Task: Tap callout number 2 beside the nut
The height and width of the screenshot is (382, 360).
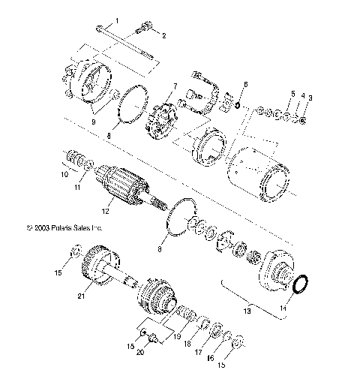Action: (164, 35)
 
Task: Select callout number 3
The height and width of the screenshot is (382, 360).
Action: (311, 98)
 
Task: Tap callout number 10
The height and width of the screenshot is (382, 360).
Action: (64, 176)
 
